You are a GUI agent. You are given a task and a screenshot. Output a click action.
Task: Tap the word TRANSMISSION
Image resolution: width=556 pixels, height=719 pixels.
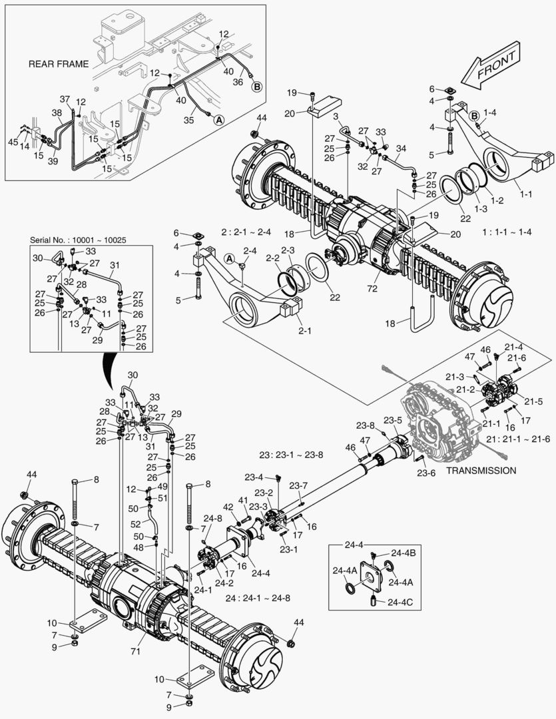tap(481, 470)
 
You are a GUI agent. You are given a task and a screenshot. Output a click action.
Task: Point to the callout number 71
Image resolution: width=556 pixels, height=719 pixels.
tap(135, 650)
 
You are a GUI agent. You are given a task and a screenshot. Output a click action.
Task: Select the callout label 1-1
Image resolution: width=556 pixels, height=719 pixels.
tap(525, 194)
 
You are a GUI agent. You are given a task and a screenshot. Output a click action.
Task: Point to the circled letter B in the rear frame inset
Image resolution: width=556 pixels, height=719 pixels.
tap(256, 86)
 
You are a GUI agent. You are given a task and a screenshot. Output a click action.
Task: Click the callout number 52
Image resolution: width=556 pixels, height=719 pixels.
tap(136, 524)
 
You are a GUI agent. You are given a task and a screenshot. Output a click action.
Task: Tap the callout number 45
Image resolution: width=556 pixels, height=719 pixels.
tap(13, 141)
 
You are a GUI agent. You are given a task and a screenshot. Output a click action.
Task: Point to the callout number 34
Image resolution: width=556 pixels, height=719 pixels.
tap(401, 148)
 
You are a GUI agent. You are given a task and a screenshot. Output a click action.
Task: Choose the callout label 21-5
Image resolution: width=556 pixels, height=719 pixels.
tap(534, 401)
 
